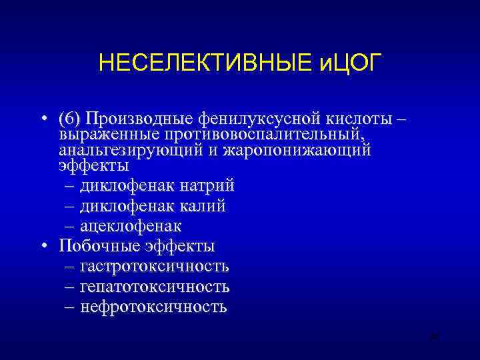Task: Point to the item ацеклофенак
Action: [131, 227]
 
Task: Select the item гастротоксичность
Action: [154, 267]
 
